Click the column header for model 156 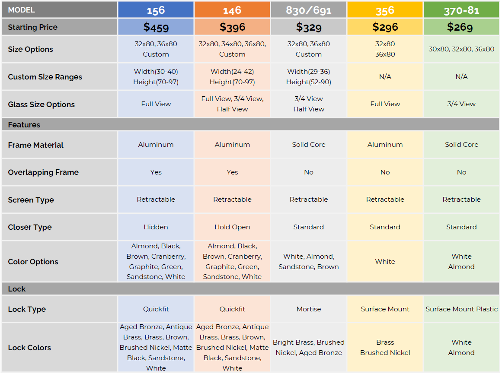(x=156, y=10)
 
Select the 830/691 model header (x=308, y=10)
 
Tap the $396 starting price (x=232, y=27)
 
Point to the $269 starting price (x=461, y=27)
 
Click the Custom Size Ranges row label (x=45, y=77)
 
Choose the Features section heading (x=24, y=125)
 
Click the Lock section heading (x=17, y=289)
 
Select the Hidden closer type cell (x=156, y=227)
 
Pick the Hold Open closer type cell (x=232, y=227)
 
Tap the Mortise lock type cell (x=309, y=309)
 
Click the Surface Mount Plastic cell (x=461, y=309)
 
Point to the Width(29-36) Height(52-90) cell (x=309, y=77)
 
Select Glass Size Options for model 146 (x=232, y=104)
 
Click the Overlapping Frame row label (x=43, y=172)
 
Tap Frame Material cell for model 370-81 (x=461, y=145)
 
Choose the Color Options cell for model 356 (x=385, y=262)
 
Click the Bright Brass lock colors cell (x=309, y=348)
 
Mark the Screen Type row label (x=31, y=200)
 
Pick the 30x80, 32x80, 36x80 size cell (x=461, y=49)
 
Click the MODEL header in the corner (x=22, y=10)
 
